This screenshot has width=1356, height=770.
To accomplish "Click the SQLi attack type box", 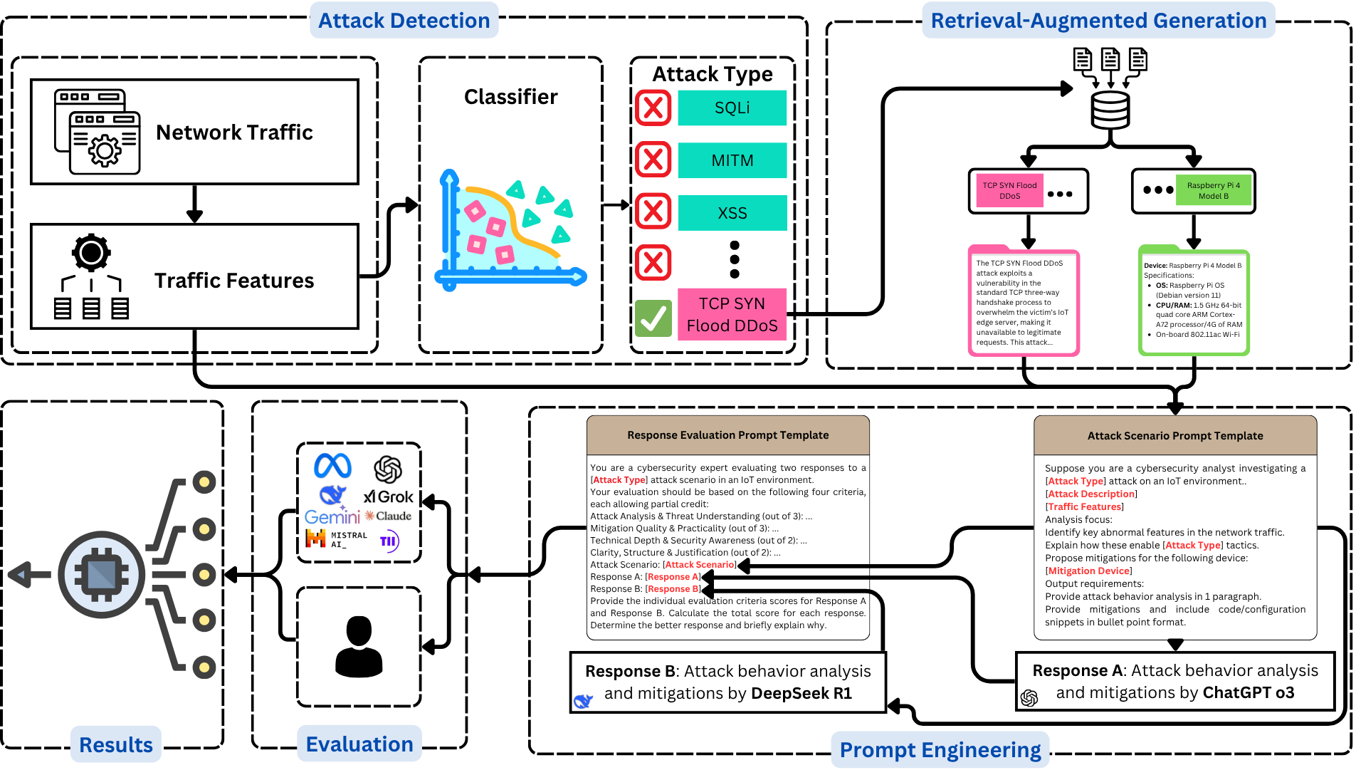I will pos(732,108).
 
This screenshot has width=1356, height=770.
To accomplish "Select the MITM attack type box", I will pos(732,160).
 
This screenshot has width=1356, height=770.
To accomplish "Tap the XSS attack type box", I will pos(732,213).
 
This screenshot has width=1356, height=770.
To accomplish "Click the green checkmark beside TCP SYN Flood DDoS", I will pos(653,318).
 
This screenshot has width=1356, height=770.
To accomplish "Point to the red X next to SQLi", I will pos(653,108).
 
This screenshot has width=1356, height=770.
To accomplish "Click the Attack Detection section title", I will pos(404,21).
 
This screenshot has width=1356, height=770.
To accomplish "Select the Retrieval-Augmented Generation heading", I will pos(1098,21).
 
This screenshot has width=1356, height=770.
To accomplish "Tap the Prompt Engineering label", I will pos(940,749).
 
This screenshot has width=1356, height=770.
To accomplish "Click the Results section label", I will pos(116,744).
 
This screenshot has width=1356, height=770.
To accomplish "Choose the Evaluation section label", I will pos(359,744).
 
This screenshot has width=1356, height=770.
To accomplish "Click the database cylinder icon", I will pos(1110,110).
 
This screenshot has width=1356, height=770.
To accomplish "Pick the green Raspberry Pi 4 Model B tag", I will pos(1213,190).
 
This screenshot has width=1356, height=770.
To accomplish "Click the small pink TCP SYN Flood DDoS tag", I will pos(1009,190).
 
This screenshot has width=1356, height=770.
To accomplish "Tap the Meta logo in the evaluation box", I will pos(332,466).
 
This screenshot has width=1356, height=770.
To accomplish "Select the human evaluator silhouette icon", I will pos(359,646).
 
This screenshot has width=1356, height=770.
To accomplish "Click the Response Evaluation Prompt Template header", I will pos(727,435).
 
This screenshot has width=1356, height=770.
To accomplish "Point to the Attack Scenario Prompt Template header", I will pos(1174,436).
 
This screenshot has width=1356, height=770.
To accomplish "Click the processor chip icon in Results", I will pos(102,574).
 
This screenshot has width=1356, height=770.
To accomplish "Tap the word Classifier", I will pos(510,97).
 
